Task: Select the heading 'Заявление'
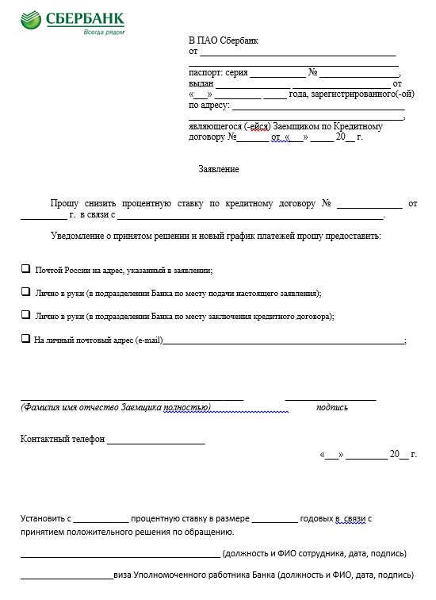click(218, 169)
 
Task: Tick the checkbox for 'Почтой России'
click(25, 269)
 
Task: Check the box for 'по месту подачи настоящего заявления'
click(25, 291)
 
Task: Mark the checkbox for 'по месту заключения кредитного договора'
click(25, 314)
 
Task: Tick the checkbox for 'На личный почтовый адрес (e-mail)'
click(25, 338)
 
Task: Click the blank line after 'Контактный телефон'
click(155, 438)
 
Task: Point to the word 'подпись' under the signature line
click(331, 407)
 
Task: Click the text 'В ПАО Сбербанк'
click(223, 40)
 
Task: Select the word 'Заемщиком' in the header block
click(293, 125)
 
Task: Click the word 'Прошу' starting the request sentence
click(65, 203)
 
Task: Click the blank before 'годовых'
click(274, 518)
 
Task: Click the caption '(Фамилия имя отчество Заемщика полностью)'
click(115, 407)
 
